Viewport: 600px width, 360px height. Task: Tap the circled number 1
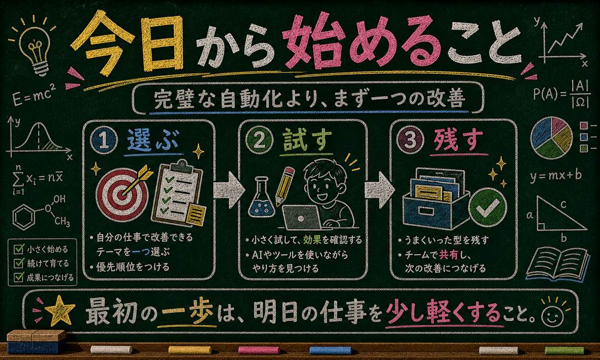pos(104,140)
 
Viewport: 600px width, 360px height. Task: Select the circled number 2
pos(259,140)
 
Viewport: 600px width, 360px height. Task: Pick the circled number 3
pos(410,140)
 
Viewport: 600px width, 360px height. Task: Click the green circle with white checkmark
pos(487,208)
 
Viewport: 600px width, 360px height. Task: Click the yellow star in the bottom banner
pos(59,311)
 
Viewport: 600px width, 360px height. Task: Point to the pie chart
pos(551,137)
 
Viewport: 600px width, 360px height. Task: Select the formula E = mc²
pos(34,96)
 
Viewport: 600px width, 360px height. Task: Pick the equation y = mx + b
pos(556,176)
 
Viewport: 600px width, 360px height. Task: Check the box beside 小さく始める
pos(19,249)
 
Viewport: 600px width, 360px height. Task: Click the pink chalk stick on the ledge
pos(259,350)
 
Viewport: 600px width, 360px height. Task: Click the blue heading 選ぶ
pos(153,140)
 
